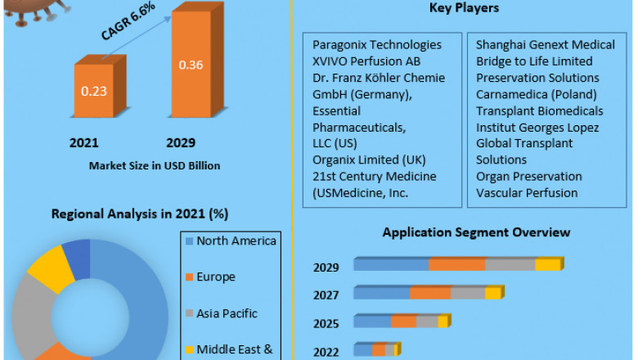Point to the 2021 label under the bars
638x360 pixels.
click(x=84, y=143)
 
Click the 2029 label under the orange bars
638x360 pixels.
click(x=182, y=143)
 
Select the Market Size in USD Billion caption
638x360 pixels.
click(x=154, y=165)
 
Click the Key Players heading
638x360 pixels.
click(x=465, y=8)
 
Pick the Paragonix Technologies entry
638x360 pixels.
click(x=377, y=45)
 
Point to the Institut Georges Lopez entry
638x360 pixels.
click(x=537, y=127)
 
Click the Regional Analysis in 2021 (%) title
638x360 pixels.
click(x=140, y=214)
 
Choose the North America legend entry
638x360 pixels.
click(x=236, y=241)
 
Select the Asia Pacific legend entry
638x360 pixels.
click(x=227, y=313)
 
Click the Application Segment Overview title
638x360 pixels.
click(x=477, y=232)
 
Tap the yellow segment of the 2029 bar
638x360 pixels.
click(x=548, y=264)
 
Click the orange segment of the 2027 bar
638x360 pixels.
click(x=430, y=293)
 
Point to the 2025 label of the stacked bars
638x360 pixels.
click(x=326, y=323)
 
